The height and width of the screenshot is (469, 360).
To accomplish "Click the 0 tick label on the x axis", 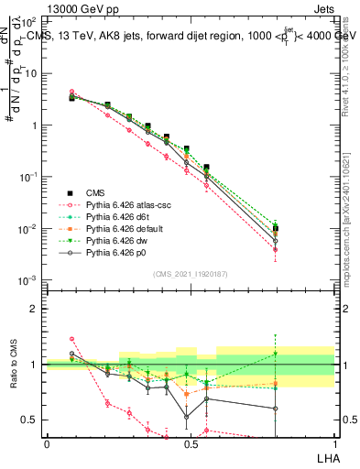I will coord(47,444).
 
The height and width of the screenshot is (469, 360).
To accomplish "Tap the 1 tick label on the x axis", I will coord(334,444).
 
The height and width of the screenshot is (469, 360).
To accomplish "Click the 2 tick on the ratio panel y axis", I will coord(35,309).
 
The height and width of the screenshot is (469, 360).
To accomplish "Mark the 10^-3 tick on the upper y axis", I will coord(29,280).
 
